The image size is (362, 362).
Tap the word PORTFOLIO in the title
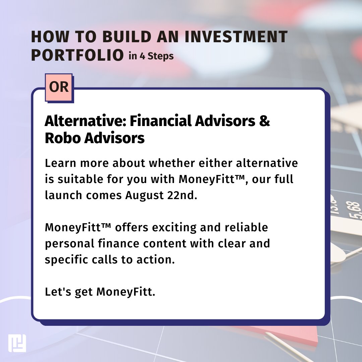tap(77, 55)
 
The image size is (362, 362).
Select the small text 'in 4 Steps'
tap(151, 56)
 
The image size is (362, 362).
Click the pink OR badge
tap(59, 87)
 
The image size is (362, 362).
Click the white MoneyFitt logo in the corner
tap(17, 343)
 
